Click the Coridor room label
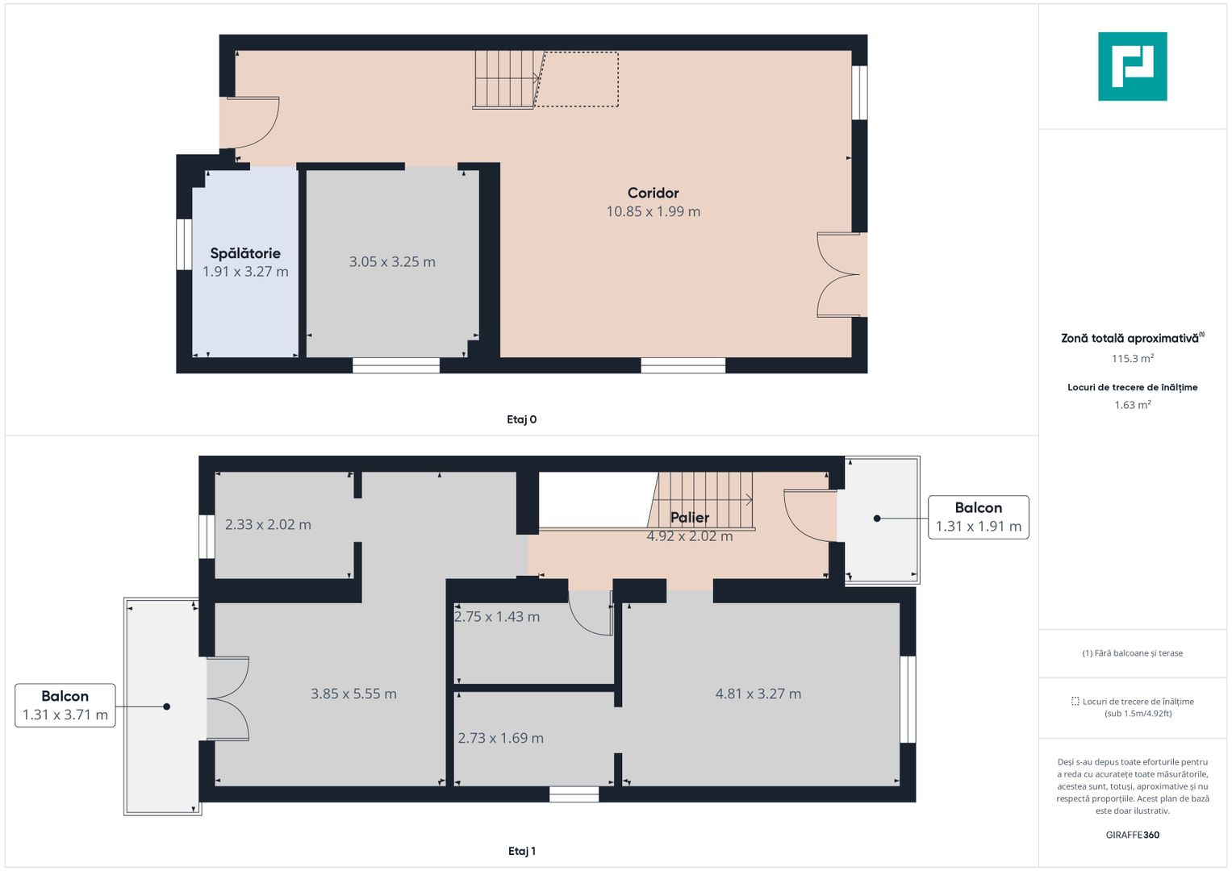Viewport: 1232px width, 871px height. (x=653, y=193)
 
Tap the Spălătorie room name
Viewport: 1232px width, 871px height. (x=245, y=253)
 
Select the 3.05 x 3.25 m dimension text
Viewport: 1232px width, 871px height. (x=392, y=262)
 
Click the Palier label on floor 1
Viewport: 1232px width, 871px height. (x=690, y=518)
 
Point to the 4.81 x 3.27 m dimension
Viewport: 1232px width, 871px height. (x=758, y=694)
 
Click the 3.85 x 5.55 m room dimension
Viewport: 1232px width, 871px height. (x=353, y=694)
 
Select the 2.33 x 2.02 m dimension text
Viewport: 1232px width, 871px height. (x=268, y=524)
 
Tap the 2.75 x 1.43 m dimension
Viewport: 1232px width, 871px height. (x=497, y=617)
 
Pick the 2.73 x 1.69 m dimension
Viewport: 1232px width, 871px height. (x=500, y=738)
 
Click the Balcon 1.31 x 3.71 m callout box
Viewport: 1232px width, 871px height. (x=65, y=706)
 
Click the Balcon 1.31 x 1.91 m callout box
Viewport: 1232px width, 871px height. (x=978, y=517)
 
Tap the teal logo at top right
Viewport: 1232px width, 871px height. (x=1132, y=66)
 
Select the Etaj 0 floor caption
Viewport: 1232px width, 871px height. (x=521, y=419)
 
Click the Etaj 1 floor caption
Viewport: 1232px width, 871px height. (x=521, y=851)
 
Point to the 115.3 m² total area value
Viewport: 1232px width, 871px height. (x=1132, y=359)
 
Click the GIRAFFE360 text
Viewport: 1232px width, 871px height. (x=1132, y=835)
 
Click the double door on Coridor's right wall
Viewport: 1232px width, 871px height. (x=839, y=275)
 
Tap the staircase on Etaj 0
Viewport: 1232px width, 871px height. (x=505, y=79)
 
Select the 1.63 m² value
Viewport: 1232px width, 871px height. (x=1132, y=405)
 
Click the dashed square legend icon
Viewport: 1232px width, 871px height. (x=1075, y=702)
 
